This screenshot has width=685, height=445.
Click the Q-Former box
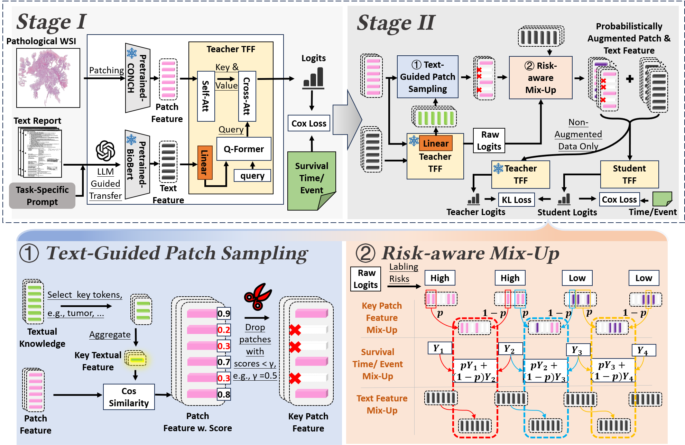244,149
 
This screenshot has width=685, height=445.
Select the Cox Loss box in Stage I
309,123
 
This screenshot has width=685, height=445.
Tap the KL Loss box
517,200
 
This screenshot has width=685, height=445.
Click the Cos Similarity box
129,397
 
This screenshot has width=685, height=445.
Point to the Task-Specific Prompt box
42,196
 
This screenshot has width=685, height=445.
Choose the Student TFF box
629,174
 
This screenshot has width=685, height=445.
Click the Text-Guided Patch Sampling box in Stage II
428,77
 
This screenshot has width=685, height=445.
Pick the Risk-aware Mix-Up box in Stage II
541,78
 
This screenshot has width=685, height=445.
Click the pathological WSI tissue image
48,78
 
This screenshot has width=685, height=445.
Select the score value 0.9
224,314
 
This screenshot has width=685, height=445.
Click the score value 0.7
224,362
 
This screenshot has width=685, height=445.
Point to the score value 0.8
224,394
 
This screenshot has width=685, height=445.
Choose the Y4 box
644,350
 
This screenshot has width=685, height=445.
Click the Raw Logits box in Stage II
489,140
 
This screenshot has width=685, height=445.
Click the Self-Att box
206,96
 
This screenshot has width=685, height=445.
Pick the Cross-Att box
247,96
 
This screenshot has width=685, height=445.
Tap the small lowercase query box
252,176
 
